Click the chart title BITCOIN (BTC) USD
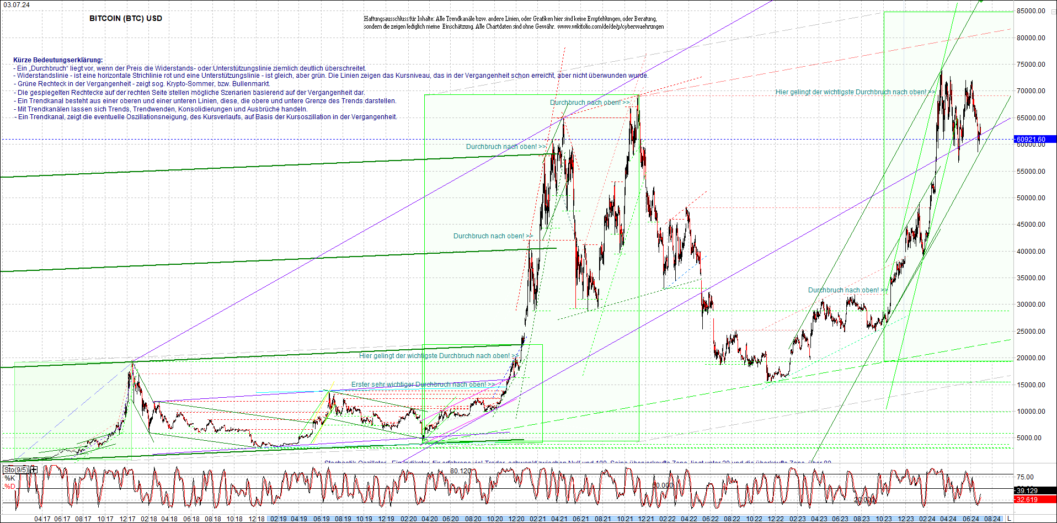tap(126, 18)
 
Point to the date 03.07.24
tap(17, 5)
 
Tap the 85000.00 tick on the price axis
tap(1031, 11)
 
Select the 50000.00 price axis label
tap(1031, 198)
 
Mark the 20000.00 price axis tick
tap(1031, 358)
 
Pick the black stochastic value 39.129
tap(1027, 490)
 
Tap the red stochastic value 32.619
tap(1027, 500)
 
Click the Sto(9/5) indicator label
tap(16, 470)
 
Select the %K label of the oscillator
tap(9, 478)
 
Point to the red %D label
tap(9, 487)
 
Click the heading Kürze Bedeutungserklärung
tap(58, 60)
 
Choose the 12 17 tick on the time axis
tap(127, 519)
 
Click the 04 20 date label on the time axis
tap(429, 519)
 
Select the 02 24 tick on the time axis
tap(927, 519)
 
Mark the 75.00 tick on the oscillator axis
tap(1025, 477)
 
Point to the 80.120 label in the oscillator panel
tap(461, 471)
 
